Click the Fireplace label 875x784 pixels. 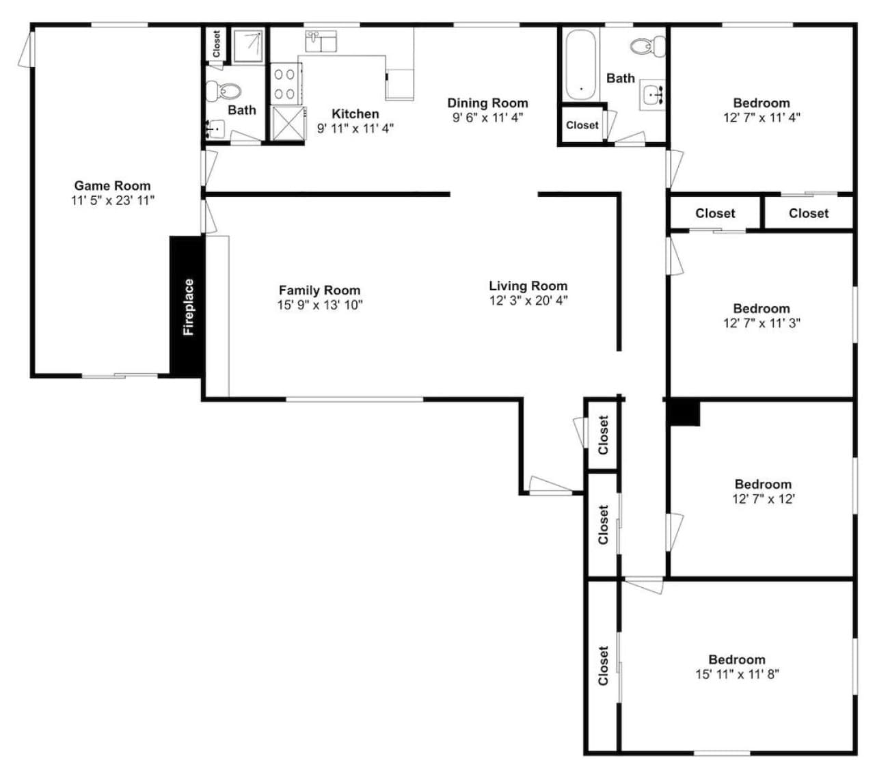tap(188, 307)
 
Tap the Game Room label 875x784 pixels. tap(112, 186)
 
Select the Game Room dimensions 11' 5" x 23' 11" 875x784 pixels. tap(113, 200)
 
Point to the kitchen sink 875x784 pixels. tap(321, 41)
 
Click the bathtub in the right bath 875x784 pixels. tap(580, 64)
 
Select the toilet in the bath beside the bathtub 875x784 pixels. tap(647, 46)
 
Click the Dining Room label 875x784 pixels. tap(487, 103)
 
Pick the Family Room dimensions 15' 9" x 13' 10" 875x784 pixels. tap(320, 305)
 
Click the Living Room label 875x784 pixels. tap(528, 286)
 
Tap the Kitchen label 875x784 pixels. tap(355, 113)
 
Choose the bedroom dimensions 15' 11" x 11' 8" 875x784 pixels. tap(737, 674)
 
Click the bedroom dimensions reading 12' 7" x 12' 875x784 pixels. tap(764, 499)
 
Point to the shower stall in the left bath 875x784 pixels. tap(248, 46)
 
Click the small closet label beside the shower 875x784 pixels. tap(217, 44)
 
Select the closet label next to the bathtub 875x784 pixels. tap(582, 125)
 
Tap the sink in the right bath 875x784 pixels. tap(653, 95)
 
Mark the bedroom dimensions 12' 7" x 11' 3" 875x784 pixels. tap(762, 323)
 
